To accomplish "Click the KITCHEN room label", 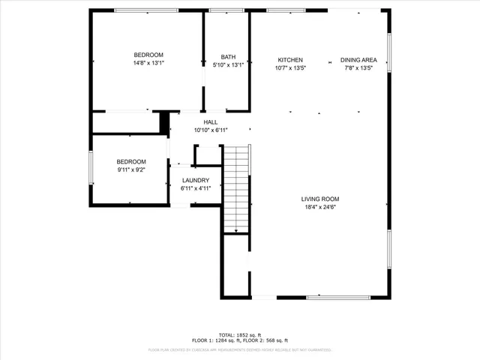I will point(290,60).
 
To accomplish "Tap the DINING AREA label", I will point(358,60).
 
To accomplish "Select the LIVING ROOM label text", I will point(320,199).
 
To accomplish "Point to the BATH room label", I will point(228,57).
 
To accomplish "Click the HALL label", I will point(211,122).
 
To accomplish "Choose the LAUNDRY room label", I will point(195,180).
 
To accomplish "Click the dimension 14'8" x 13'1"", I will point(148,63).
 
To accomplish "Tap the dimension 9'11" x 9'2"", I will point(130,170).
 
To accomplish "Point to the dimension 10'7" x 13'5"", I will point(290,68).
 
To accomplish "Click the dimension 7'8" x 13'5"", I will point(358,68).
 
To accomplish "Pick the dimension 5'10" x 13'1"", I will point(228,64).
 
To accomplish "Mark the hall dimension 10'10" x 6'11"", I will point(211,130).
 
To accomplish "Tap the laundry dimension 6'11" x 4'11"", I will point(195,188).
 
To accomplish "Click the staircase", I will point(236,187).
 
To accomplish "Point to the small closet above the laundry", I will point(206,155).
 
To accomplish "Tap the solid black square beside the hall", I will point(164,121).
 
